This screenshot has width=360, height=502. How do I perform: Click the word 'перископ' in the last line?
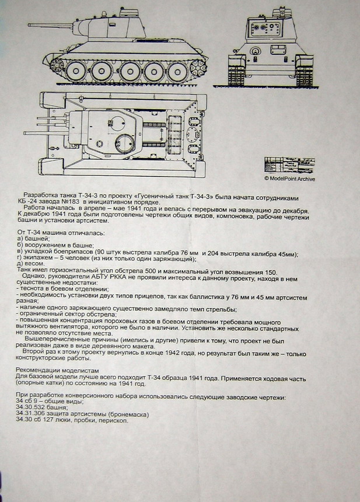click(x=113, y=421)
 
